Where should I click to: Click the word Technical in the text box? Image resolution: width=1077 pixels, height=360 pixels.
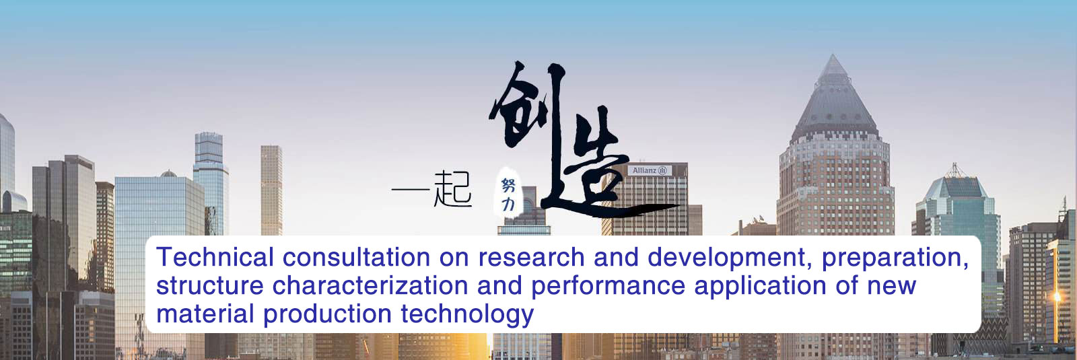pyautogui.click(x=215, y=256)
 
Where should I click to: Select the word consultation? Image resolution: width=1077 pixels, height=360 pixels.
pyautogui.click(x=356, y=256)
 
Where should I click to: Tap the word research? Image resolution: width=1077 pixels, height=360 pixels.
pyautogui.click(x=531, y=256)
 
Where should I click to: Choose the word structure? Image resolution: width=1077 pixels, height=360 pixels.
pyautogui.click(x=209, y=285)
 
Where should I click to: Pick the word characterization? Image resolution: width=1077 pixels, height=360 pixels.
pyautogui.click(x=370, y=285)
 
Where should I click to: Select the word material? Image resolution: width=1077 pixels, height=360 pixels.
pyautogui.click(x=205, y=314)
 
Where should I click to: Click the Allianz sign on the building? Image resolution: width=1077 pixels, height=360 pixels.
pyautogui.click(x=650, y=170)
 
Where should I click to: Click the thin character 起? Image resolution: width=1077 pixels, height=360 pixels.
pyautogui.click(x=452, y=189)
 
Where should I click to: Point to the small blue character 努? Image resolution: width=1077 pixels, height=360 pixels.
pyautogui.click(x=508, y=184)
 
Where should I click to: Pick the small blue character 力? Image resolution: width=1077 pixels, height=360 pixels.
pyautogui.click(x=508, y=205)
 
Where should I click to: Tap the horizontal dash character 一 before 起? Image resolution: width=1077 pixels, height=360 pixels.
pyautogui.click(x=411, y=189)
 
